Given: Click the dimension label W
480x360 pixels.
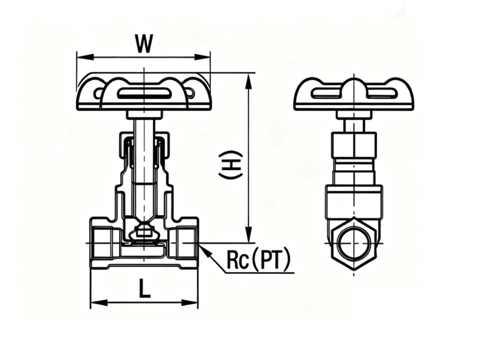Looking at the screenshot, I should pyautogui.click(x=144, y=44).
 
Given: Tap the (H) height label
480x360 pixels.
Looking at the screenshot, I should pyautogui.click(x=231, y=165).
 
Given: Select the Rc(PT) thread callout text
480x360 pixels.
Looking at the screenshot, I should pyautogui.click(x=258, y=261).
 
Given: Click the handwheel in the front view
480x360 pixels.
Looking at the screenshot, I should pyautogui.click(x=143, y=93).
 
